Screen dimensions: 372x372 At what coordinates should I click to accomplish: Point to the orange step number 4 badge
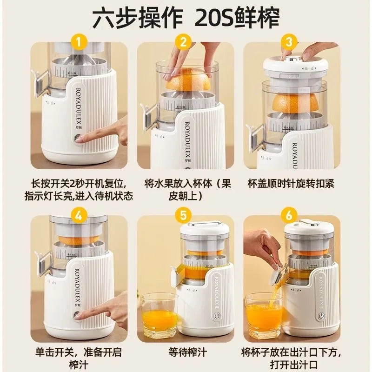pos(79,215)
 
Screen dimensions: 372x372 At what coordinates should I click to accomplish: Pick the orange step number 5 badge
pos(185,215)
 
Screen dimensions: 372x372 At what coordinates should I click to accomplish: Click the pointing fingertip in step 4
pos(80,316)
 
